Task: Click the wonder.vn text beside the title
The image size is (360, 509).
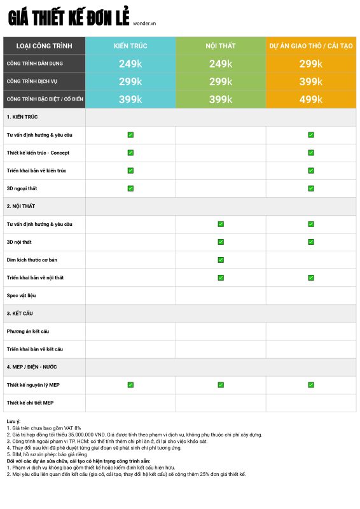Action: [x=144, y=24]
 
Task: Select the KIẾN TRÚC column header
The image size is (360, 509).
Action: [x=130, y=46]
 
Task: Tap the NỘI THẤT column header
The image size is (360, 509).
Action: [x=221, y=46]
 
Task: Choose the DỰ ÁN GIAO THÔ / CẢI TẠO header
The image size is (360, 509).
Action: [x=311, y=46]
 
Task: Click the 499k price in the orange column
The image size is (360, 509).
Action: [x=311, y=99]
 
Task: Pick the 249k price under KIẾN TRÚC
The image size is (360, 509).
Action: [x=130, y=64]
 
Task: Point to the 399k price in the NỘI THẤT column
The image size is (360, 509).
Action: [x=221, y=99]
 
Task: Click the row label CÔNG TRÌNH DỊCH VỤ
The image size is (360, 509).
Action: [x=32, y=81]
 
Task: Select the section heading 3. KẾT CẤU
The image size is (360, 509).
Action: [x=20, y=313]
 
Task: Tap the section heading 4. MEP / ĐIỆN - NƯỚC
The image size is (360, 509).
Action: [x=32, y=367]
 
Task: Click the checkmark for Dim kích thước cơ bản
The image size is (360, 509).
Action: [x=221, y=260]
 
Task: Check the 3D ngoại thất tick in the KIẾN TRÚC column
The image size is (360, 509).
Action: [x=130, y=188]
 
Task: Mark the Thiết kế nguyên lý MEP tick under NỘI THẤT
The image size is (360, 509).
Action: [x=221, y=385]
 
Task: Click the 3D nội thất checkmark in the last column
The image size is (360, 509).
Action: [x=311, y=242]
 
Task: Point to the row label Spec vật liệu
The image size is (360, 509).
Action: [x=22, y=295]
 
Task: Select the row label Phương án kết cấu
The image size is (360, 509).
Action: [x=28, y=331]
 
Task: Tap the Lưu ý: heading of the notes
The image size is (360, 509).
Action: [x=13, y=421]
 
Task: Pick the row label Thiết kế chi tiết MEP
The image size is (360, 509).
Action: [x=30, y=403]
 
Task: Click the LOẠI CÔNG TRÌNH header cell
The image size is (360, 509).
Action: [x=44, y=46]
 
